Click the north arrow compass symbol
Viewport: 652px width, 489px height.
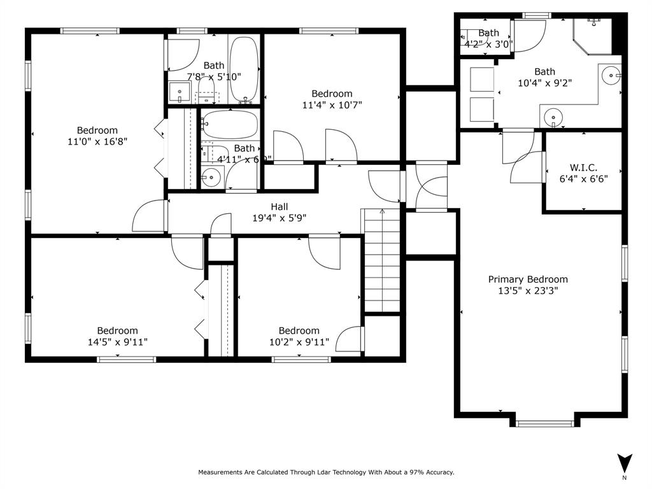(x=625, y=463)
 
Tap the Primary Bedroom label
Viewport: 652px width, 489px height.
(x=528, y=280)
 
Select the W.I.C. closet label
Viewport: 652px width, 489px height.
(x=583, y=167)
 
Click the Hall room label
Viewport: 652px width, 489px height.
(x=279, y=207)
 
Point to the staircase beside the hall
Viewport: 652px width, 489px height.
(x=381, y=260)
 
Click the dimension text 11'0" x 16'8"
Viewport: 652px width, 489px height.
(x=97, y=142)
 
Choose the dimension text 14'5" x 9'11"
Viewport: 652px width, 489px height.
(x=117, y=342)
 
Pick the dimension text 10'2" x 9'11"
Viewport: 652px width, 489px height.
(x=299, y=342)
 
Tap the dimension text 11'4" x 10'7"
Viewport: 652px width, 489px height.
(x=332, y=105)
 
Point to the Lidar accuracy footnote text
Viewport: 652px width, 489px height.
(x=326, y=472)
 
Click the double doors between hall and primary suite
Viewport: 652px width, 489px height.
(x=430, y=186)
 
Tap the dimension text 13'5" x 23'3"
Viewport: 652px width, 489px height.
(x=528, y=291)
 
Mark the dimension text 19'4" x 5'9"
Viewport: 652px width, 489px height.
(x=279, y=218)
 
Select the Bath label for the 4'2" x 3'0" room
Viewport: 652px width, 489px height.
(x=488, y=33)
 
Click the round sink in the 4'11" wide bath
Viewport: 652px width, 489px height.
(x=211, y=178)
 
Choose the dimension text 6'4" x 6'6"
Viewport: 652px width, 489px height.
(x=583, y=179)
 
